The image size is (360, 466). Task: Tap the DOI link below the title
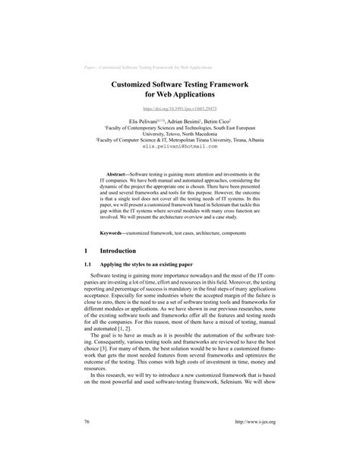(x=180, y=109)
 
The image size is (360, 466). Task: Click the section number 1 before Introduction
(x=88, y=250)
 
